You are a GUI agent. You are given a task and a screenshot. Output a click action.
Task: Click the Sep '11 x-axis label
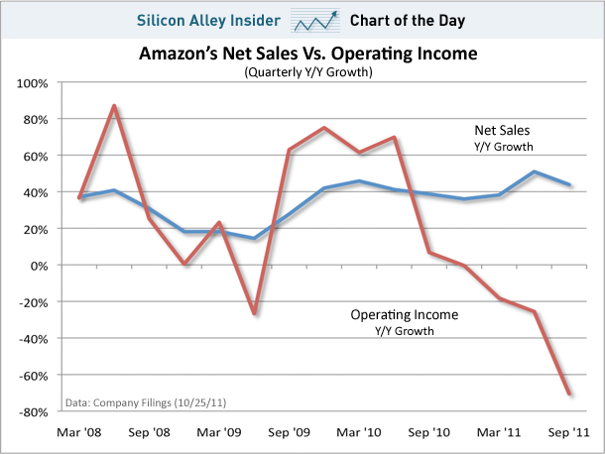coord(569,432)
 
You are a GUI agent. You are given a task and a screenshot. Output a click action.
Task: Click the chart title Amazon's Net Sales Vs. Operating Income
coord(302,55)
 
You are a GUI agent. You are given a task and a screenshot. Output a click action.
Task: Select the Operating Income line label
coord(406,314)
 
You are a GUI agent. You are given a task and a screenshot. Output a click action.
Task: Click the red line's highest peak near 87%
coord(115,105)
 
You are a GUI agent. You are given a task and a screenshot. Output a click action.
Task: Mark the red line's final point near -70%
coord(569,394)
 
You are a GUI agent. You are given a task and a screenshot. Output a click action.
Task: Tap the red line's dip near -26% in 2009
coord(254,313)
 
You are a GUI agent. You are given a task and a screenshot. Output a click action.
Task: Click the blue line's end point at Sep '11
coord(569,184)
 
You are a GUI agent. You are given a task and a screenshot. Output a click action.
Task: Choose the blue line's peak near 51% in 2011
coord(536,171)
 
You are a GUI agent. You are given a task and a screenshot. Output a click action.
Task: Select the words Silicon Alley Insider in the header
coord(213,19)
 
